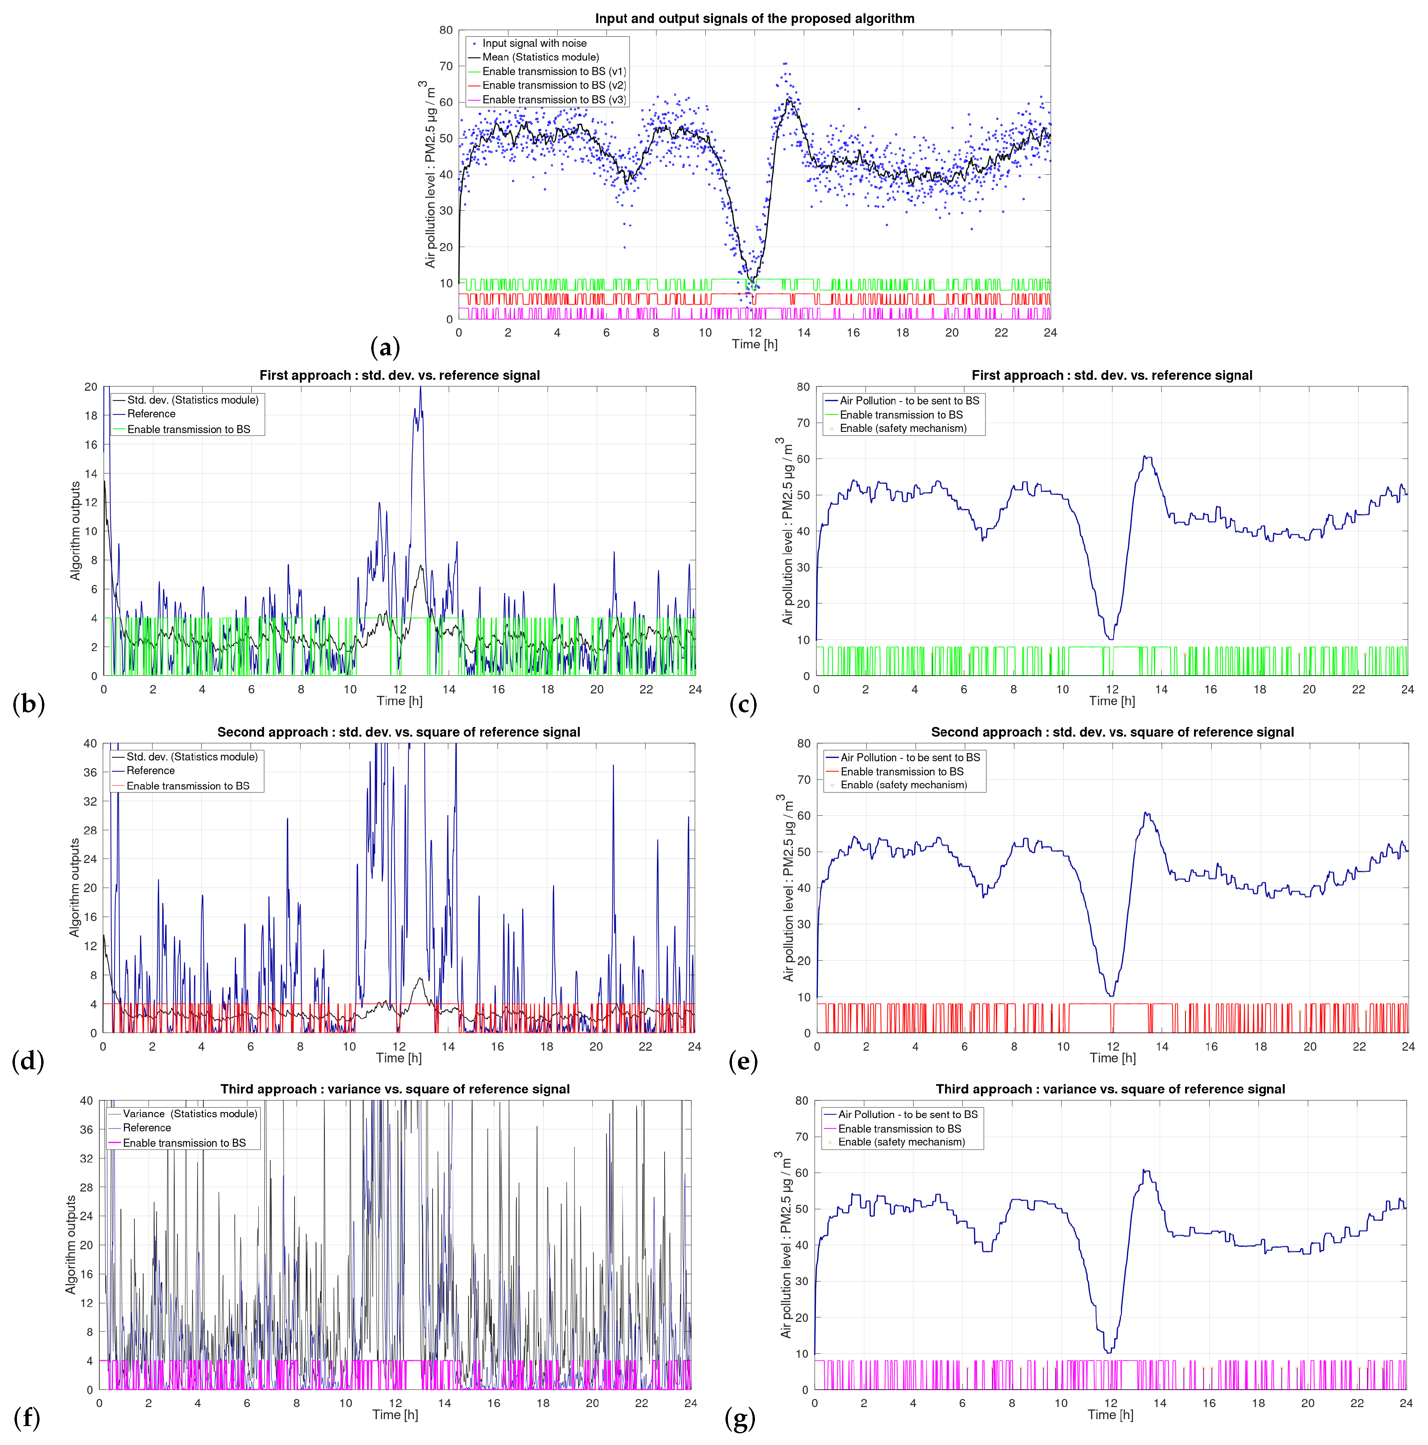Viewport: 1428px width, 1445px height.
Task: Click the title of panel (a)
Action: [755, 19]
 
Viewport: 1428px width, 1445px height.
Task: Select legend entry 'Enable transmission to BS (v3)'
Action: [553, 99]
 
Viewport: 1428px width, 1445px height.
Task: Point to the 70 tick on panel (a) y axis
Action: [446, 67]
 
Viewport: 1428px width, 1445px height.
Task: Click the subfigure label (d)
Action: [28, 1061]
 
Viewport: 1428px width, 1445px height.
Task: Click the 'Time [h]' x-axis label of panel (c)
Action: [1112, 701]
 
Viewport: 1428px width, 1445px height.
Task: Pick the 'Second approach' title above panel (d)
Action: [399, 732]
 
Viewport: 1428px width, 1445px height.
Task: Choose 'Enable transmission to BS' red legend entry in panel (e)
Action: [902, 772]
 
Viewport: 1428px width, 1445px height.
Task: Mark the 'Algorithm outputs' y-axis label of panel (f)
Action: [71, 1244]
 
